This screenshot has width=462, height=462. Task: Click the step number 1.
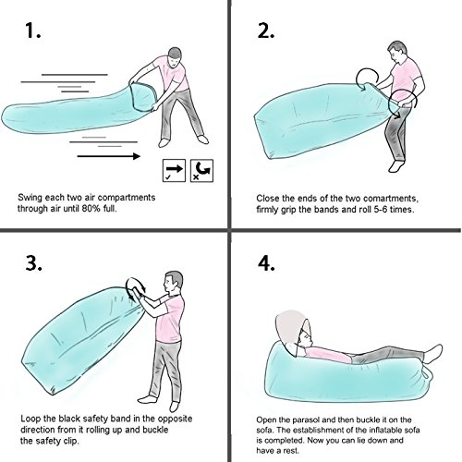32,30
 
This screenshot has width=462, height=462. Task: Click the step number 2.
266,30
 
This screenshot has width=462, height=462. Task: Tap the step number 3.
33,263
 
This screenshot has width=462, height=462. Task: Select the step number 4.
266,263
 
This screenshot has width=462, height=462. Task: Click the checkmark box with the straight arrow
174,170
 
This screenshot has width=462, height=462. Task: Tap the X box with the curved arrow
201,170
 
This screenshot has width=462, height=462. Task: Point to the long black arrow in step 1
108,156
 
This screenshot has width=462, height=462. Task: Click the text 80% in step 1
91,209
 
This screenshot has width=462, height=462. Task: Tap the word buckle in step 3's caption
155,430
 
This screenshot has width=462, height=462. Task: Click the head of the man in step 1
175,56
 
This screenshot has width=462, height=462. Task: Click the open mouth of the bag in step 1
142,97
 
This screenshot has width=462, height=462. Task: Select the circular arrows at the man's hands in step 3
136,289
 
